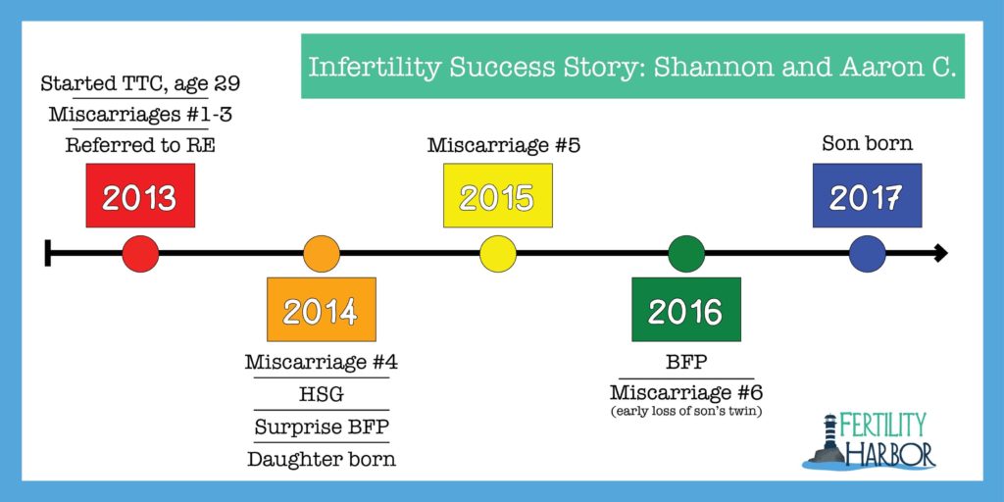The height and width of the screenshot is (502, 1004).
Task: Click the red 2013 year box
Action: point(140,195)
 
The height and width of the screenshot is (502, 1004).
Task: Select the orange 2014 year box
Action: point(322,309)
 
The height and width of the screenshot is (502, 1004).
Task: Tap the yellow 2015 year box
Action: point(497,195)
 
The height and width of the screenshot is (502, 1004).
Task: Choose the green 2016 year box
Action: point(685,309)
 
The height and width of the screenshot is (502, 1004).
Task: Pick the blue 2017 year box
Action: point(867,195)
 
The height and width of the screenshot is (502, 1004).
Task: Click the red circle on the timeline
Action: point(140,254)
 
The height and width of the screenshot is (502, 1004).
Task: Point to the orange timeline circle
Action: point(322,254)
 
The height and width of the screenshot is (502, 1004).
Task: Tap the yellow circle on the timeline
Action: point(497,254)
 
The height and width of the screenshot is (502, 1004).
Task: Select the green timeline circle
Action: point(685,254)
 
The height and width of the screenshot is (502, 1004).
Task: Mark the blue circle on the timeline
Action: point(867,254)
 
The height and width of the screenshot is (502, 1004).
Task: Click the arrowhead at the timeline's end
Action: point(940,254)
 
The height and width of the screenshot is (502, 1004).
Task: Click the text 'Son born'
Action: point(867,143)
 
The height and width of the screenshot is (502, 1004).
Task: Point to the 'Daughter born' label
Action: point(322,459)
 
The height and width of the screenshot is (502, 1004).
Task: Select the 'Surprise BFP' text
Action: point(322,427)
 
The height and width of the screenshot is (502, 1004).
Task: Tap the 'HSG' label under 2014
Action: point(322,394)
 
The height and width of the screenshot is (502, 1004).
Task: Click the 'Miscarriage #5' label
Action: point(503,145)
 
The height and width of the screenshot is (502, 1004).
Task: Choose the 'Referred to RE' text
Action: point(140,146)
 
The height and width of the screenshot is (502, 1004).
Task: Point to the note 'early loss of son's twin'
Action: point(685,412)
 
